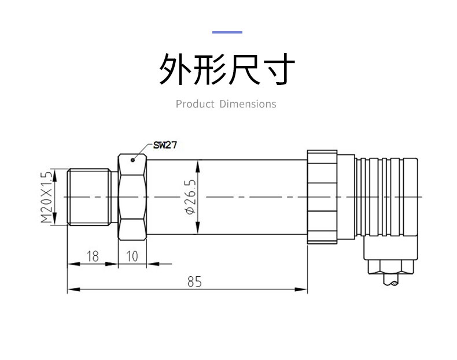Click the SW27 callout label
[x=165, y=145]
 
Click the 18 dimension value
[x=92, y=257]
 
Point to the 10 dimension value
[x=132, y=257]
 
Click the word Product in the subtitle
[x=195, y=104]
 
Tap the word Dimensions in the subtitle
[x=248, y=104]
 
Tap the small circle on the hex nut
[x=133, y=160]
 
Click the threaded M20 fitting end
[x=88, y=197]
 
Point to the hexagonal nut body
[x=132, y=197]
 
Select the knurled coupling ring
[x=321, y=197]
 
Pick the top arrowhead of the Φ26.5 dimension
[x=198, y=165]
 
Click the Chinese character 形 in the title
[x=210, y=70]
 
